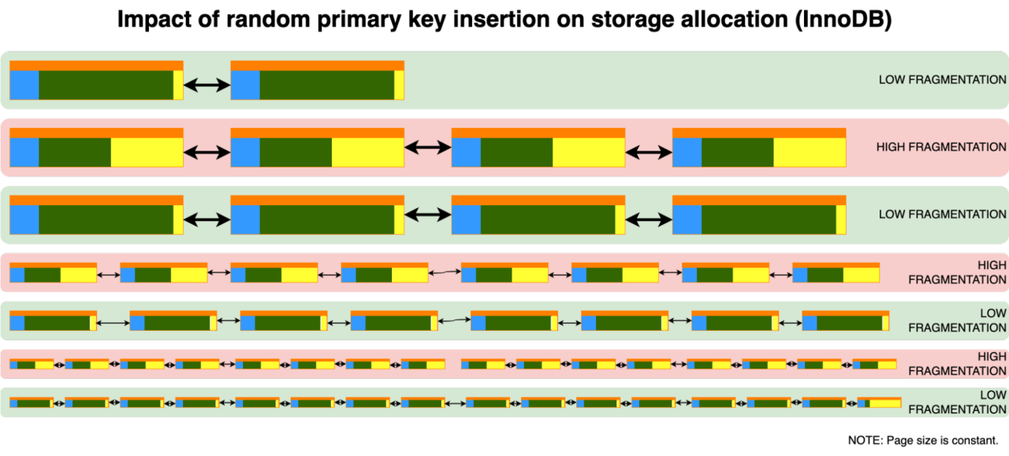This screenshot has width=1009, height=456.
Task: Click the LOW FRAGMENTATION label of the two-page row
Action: point(942,80)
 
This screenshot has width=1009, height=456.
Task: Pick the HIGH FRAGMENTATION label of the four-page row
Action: point(940,147)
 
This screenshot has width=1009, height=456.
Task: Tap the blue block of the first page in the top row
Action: point(24,85)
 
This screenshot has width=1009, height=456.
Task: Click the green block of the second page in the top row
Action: point(326,85)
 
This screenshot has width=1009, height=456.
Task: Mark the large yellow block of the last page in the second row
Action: point(809,152)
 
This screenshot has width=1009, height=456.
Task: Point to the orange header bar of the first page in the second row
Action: point(96,133)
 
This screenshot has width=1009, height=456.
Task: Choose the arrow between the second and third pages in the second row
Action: point(427,148)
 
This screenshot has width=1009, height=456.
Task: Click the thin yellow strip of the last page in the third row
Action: point(840,219)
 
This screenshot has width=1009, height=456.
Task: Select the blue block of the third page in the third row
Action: point(466,219)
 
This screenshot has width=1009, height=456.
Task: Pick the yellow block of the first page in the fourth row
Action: point(78,275)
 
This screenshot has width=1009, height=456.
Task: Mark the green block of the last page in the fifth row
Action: point(849,323)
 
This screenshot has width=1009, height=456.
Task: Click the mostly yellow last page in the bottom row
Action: point(879,402)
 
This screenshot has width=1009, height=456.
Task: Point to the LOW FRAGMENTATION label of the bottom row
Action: point(957,402)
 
